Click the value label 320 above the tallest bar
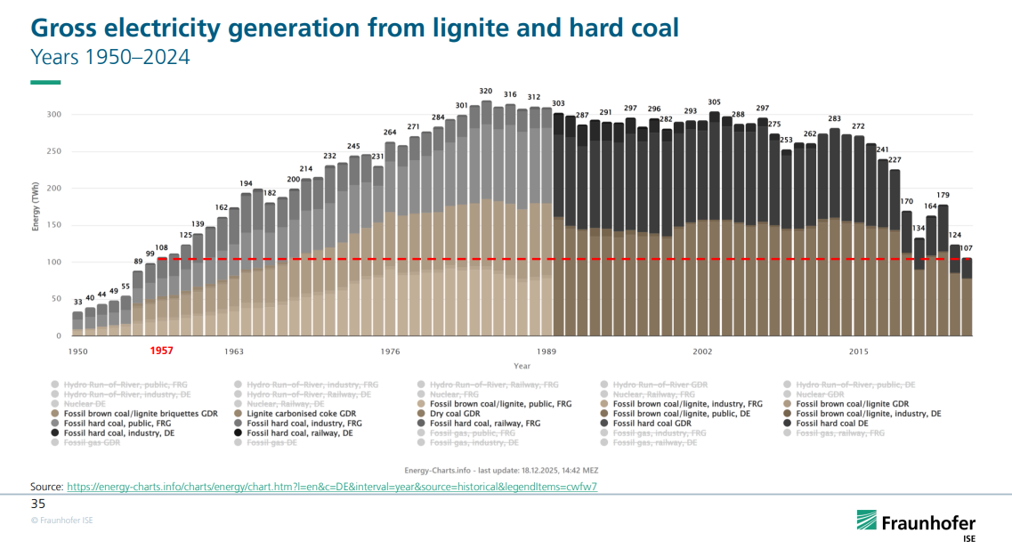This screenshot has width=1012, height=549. pyautogui.click(x=486, y=92)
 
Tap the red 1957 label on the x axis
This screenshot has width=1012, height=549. pyautogui.click(x=161, y=351)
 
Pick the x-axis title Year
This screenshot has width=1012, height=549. pyautogui.click(x=522, y=366)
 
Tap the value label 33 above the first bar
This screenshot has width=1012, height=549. pyautogui.click(x=77, y=303)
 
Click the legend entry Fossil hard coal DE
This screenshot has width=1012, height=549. pyautogui.click(x=834, y=423)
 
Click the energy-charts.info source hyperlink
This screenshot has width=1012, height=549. pyautogui.click(x=331, y=487)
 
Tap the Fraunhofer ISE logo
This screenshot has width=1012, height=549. pyautogui.click(x=916, y=524)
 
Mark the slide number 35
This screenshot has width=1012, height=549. pyautogui.click(x=38, y=504)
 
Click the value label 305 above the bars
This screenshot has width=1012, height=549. pyautogui.click(x=714, y=102)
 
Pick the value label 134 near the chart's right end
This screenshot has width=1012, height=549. pyautogui.click(x=919, y=229)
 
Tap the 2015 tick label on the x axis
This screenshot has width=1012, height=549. pyautogui.click(x=859, y=351)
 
